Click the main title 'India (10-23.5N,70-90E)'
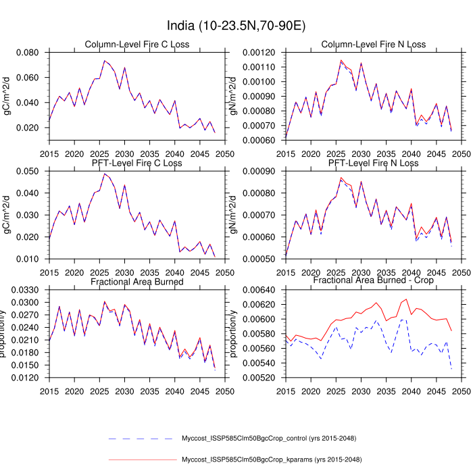tap(236, 26)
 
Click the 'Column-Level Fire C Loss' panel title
tap(136, 45)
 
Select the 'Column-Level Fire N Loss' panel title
tap(374, 45)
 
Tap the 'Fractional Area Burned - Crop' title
tap(374, 280)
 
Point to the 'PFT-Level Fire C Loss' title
tap(136, 163)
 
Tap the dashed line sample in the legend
tap(141, 439)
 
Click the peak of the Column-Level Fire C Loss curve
tap(104, 61)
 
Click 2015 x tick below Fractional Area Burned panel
tap(49, 392)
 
